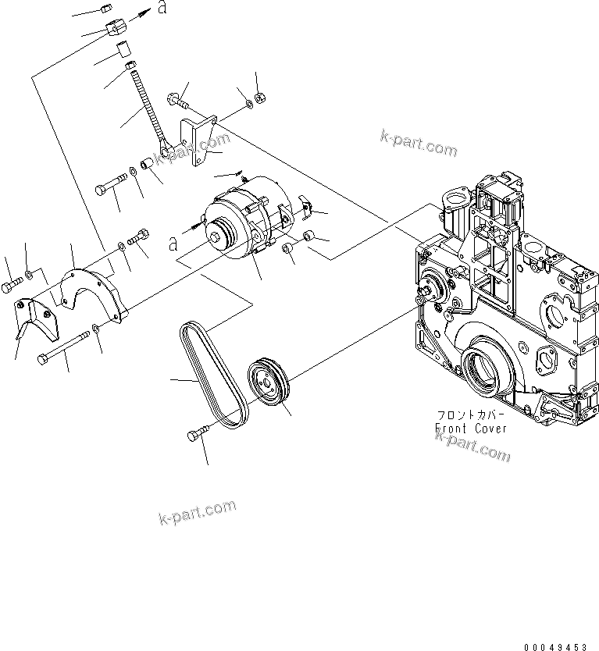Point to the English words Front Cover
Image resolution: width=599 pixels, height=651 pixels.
pyautogui.click(x=472, y=428)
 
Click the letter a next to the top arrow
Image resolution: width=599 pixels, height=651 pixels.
pyautogui.click(x=160, y=9)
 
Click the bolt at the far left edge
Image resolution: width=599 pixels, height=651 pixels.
pyautogui.click(x=9, y=286)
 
